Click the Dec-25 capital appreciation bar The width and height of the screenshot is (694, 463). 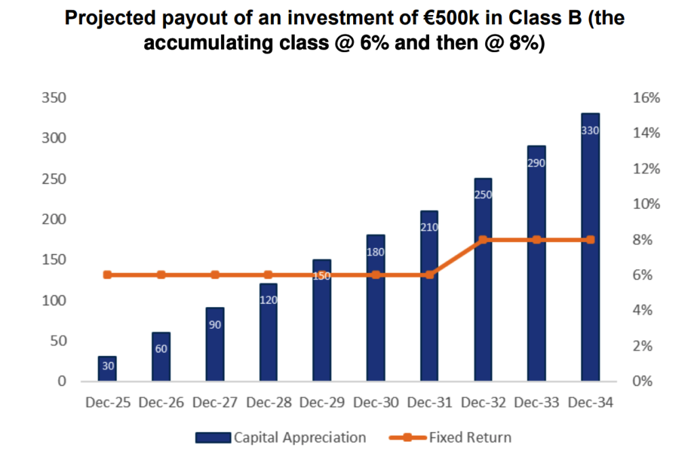(x=107, y=369)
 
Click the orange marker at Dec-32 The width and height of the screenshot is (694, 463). (x=483, y=239)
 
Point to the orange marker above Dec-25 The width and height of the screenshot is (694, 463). (x=107, y=275)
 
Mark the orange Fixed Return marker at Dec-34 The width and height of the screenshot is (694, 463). (x=590, y=239)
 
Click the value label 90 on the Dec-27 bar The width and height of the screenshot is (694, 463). (x=215, y=325)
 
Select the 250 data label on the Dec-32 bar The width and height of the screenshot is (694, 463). (x=483, y=195)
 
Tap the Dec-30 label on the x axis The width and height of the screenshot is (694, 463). (x=376, y=403)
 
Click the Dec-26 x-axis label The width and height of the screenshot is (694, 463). (x=161, y=403)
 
